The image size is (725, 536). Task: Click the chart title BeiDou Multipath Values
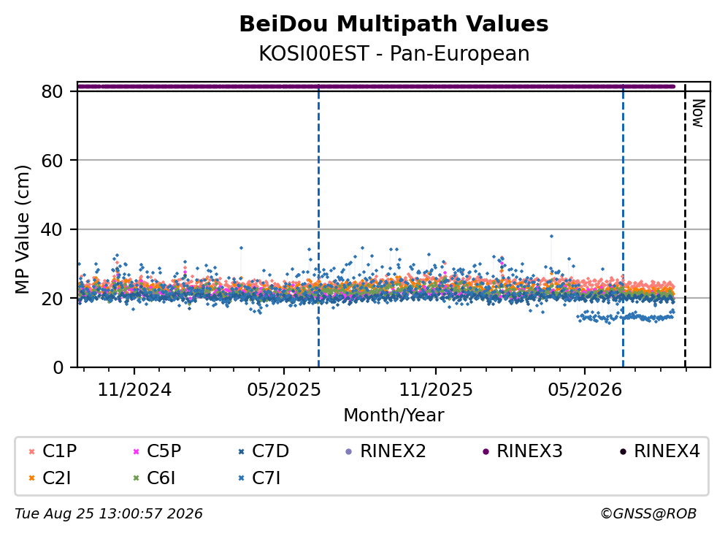(x=394, y=24)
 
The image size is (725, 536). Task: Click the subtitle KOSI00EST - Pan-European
(x=394, y=53)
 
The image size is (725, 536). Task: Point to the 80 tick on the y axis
(x=52, y=91)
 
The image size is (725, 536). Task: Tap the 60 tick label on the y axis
(x=52, y=161)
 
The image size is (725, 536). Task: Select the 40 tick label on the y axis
(x=52, y=229)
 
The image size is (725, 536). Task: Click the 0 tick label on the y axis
(x=58, y=367)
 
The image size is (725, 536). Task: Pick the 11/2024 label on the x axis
(x=134, y=390)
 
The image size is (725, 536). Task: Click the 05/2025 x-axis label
(x=283, y=390)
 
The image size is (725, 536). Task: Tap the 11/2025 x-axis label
(x=436, y=390)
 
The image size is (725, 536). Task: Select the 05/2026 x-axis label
(x=585, y=390)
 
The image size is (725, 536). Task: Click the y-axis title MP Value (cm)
(x=22, y=229)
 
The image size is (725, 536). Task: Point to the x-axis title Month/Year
(x=394, y=416)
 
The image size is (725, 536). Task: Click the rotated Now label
(x=698, y=113)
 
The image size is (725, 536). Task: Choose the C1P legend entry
(x=53, y=451)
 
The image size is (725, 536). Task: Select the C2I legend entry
(x=50, y=478)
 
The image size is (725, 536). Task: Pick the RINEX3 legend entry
(x=523, y=451)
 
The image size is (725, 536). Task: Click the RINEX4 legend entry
(x=660, y=451)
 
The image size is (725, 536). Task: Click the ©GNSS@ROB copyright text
(x=648, y=514)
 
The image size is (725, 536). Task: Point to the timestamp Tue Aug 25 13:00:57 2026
(x=109, y=514)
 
